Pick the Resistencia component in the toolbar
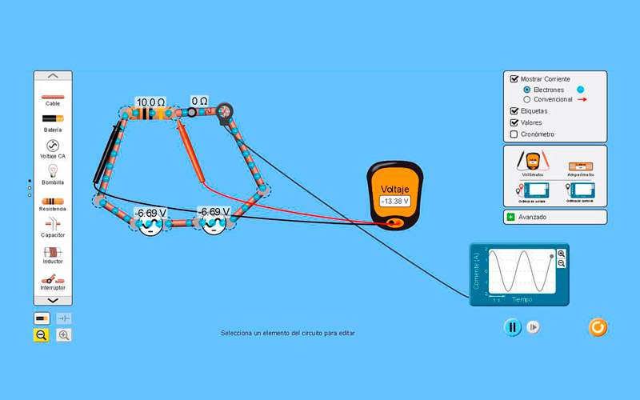click(x=53, y=200)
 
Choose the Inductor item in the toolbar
click(x=53, y=252)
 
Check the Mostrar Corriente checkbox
click(x=514, y=79)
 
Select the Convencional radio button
click(x=526, y=99)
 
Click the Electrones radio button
click(x=526, y=90)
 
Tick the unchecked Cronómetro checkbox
click(x=514, y=134)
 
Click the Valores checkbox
click(x=514, y=122)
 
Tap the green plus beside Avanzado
click(x=510, y=217)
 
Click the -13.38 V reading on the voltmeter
click(x=394, y=202)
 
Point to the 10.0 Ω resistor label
click(x=150, y=102)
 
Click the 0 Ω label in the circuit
click(x=199, y=102)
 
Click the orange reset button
click(x=598, y=327)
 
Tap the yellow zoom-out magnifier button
click(x=42, y=335)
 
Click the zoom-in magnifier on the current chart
click(x=562, y=254)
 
